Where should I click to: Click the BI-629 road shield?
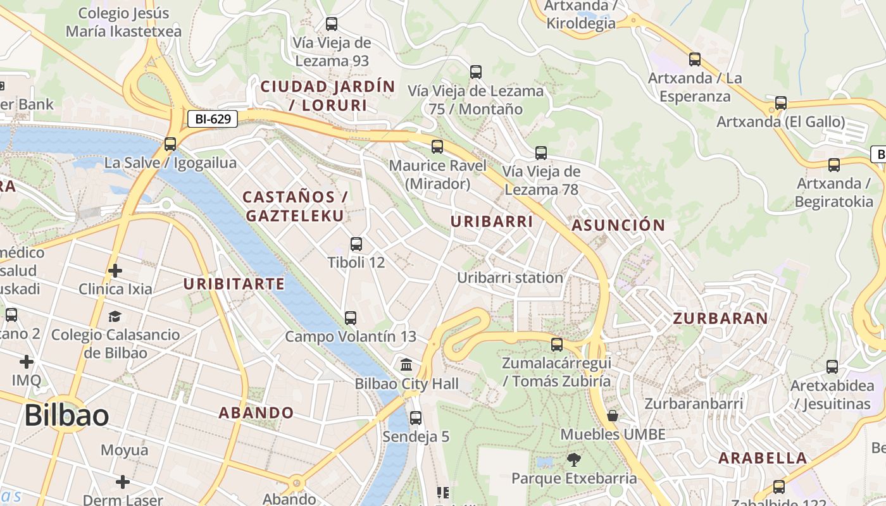(212, 118)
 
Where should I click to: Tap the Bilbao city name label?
(66, 416)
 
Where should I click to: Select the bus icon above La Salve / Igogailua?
(170, 144)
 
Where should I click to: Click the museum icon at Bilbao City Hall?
(406, 365)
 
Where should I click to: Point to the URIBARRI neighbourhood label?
(491, 221)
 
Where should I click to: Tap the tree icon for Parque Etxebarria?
(574, 459)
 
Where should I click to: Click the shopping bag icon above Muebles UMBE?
(613, 416)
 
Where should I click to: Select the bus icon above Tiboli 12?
(356, 244)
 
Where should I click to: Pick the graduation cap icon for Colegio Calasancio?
(115, 316)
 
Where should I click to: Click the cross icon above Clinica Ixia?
(115, 271)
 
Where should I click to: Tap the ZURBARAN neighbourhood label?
(720, 318)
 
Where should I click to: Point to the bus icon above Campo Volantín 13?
(351, 318)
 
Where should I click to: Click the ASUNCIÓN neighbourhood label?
(618, 225)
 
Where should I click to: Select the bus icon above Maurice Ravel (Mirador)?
(437, 147)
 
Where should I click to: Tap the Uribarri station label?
(509, 278)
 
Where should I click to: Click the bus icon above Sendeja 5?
(416, 418)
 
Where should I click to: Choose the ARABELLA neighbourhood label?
(763, 458)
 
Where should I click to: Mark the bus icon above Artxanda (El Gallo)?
(781, 103)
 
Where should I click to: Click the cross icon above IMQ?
(26, 362)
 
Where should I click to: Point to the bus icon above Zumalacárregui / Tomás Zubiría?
(557, 345)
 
